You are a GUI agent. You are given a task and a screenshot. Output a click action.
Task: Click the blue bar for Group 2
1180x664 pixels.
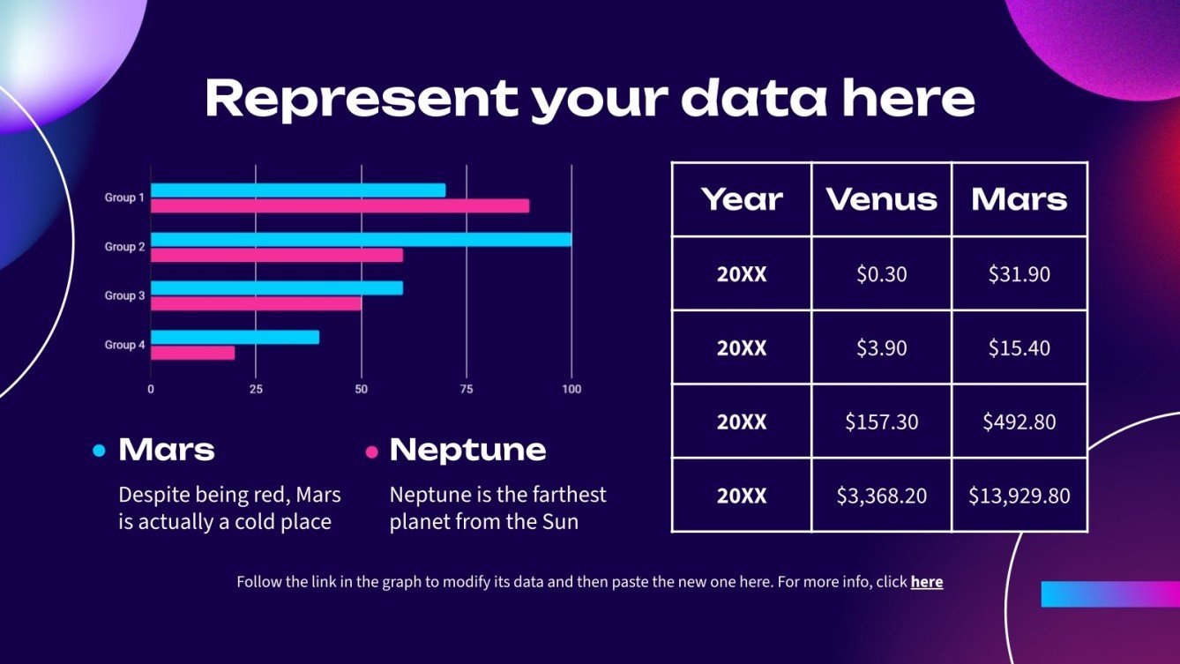point(361,239)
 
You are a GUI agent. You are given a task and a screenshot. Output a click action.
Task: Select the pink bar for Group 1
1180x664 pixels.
point(340,205)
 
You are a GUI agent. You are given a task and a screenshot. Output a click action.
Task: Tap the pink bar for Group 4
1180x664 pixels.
point(193,353)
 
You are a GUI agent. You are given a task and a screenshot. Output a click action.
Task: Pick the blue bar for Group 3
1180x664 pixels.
point(277,287)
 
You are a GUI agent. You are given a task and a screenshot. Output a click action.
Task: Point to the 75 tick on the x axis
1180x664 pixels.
point(467,389)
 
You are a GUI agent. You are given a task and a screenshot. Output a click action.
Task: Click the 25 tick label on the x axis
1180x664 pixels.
point(256,389)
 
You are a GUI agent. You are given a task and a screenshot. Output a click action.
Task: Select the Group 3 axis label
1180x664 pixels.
point(124,295)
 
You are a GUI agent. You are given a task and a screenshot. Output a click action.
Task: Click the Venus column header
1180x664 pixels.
point(881,199)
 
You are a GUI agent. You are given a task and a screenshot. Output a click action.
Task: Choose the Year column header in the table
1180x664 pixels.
point(742,199)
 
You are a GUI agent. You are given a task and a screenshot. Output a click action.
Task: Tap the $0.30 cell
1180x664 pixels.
point(881,274)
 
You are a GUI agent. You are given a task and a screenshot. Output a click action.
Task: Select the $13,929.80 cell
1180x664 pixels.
point(1019,496)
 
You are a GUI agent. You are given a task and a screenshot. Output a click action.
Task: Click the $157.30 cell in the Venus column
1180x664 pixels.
point(881,422)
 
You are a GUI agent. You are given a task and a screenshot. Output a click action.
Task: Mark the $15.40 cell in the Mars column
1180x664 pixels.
point(1019,348)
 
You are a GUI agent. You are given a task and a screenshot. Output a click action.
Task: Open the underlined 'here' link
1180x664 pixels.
point(926,582)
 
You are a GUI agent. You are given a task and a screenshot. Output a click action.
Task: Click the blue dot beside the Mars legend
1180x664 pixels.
point(99,451)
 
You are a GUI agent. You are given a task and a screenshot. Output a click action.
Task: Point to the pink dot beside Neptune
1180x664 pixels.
point(371,452)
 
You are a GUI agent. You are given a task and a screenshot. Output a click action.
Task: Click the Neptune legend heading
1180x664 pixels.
point(467,450)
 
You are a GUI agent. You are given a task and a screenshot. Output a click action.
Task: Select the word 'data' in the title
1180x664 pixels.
point(754,98)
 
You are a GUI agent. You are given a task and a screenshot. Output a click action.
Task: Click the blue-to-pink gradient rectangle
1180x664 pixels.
point(1109,593)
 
